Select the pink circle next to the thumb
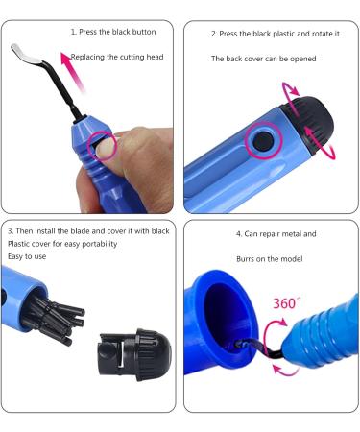pos(102,147)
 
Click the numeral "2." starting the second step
pos(215,33)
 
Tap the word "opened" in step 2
pos(299,59)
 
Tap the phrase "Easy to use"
pos(31,258)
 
